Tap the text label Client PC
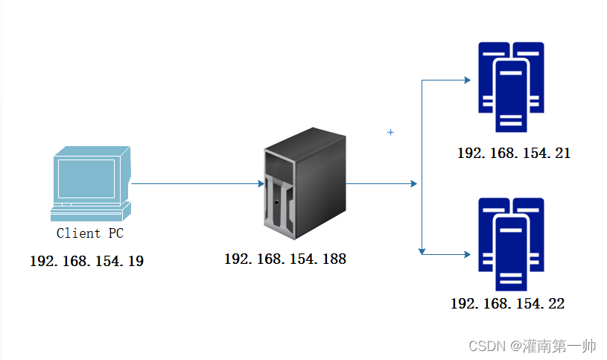90,233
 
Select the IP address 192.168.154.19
86,262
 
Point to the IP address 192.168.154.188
285,259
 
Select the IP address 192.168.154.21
514,154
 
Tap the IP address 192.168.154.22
507,303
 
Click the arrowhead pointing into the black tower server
260,183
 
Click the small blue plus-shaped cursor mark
390,133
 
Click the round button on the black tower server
277,203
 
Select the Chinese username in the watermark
559,347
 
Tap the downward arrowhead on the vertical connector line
422,250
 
